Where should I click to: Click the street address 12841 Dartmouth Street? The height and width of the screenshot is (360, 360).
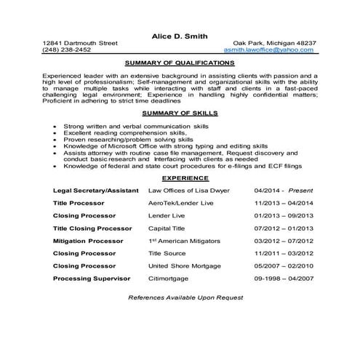coord(80,44)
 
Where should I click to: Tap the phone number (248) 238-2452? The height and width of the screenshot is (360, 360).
coord(67,51)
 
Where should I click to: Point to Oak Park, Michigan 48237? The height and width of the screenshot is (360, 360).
coord(274,44)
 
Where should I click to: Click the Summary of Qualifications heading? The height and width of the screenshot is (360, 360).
coord(180,63)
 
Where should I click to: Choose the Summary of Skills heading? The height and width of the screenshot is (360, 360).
coord(180,113)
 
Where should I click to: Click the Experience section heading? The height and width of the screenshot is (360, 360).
coord(180,177)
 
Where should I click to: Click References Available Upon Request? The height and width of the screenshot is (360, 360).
coord(180,298)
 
